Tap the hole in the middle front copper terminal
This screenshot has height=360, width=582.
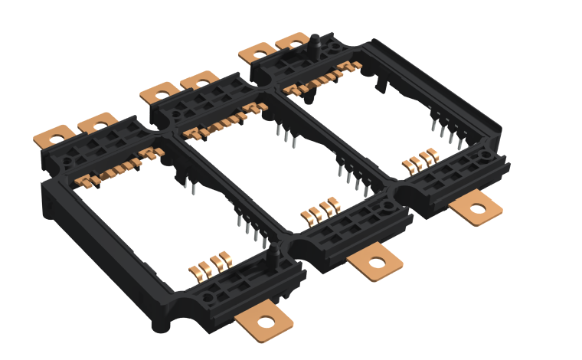coord(376,262)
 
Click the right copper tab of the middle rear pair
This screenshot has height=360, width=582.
coord(199,79)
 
